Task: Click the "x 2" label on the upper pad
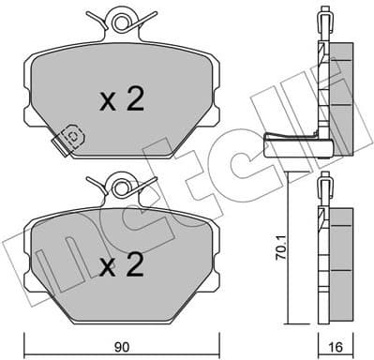[x=121, y=100]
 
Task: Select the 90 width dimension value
[x=122, y=347]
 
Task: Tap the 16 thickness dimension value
[x=334, y=347]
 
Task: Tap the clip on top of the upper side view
[x=322, y=19]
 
